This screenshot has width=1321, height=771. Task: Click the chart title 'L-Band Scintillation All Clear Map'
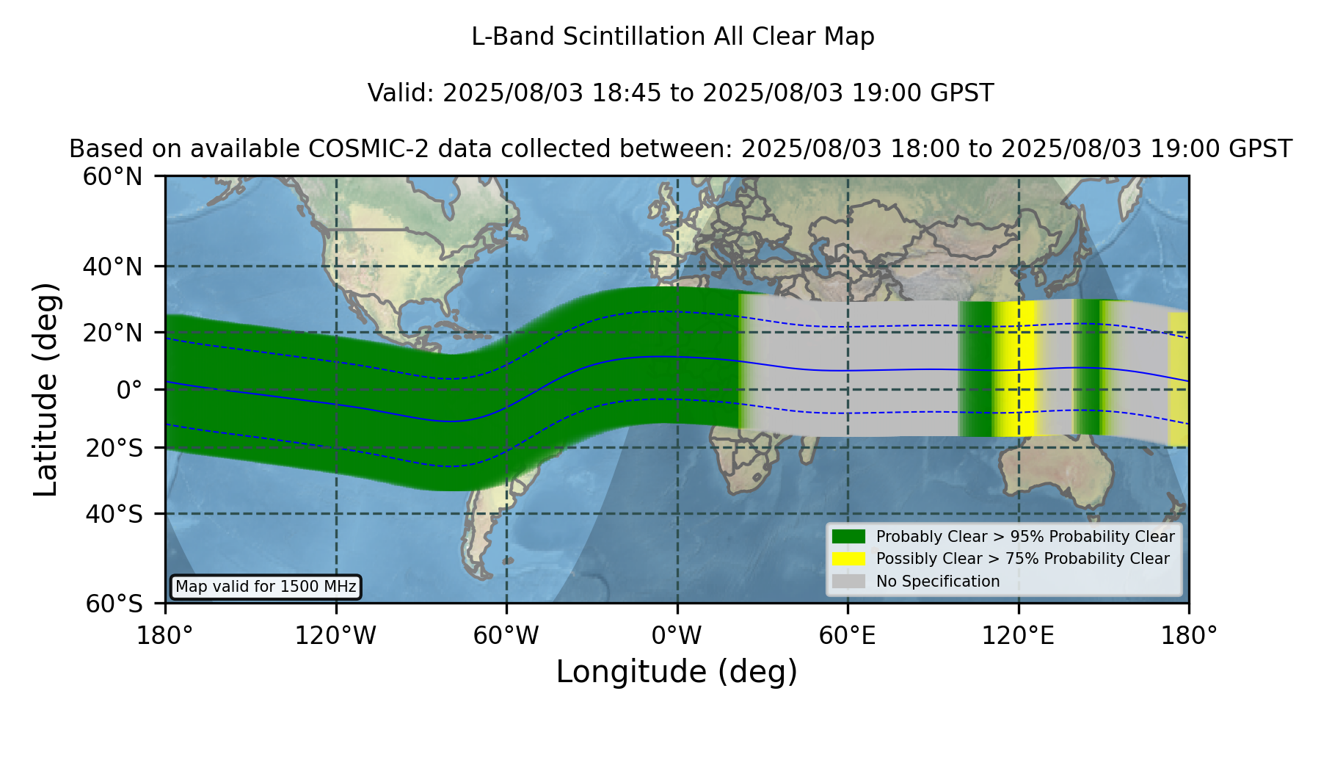[x=673, y=37]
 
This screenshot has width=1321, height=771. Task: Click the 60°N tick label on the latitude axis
[x=112, y=176]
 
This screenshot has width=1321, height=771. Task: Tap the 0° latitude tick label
[x=129, y=389]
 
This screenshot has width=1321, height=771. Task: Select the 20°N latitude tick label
[x=112, y=332]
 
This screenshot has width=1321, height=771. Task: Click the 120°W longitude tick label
[x=336, y=635]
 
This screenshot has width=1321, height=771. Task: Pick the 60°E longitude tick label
[x=848, y=635]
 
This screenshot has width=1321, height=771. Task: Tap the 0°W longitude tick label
[x=677, y=635]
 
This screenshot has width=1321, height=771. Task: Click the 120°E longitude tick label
[x=1019, y=635]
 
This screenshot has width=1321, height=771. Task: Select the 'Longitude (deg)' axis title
[x=677, y=672]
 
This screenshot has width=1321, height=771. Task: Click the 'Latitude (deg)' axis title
[x=46, y=389]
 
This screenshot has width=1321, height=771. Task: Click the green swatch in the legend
[x=849, y=537]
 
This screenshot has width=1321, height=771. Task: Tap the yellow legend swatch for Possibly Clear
[x=849, y=559]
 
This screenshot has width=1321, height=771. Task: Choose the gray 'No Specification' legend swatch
[x=849, y=582]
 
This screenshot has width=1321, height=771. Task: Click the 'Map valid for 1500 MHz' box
[x=266, y=587]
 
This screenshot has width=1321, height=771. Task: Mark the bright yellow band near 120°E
[x=1016, y=369]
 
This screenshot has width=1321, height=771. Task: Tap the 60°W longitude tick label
[x=506, y=635]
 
